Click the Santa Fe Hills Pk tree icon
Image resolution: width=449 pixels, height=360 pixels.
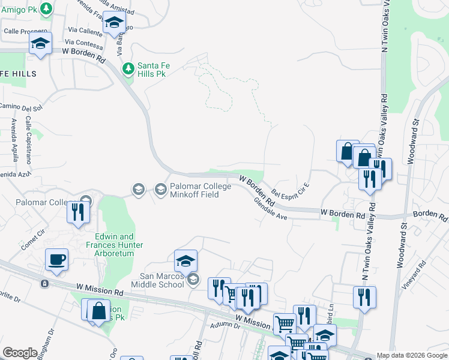[128, 68]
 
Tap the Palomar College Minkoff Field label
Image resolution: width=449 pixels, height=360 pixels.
[200, 190]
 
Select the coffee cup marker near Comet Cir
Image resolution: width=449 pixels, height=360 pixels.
[56, 260]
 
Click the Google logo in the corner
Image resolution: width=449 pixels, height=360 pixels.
[20, 353]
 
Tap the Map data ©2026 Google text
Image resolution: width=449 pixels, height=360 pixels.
[412, 355]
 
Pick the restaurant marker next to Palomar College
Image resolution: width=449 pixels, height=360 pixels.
[79, 212]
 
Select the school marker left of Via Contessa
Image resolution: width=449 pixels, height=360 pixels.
[41, 43]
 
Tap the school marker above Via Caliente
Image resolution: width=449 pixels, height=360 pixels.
[113, 23]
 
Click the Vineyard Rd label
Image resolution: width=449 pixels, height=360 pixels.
[430, 277]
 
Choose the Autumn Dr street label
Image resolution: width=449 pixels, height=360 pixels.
[226, 326]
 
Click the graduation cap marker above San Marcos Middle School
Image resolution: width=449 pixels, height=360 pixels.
[186, 260]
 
